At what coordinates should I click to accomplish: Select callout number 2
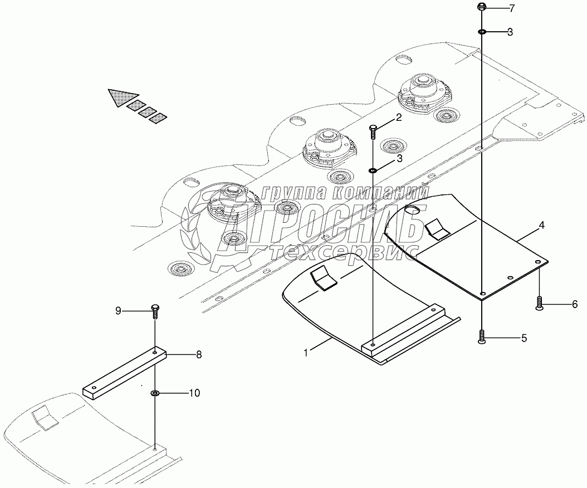(398, 117)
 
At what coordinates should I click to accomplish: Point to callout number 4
(541, 226)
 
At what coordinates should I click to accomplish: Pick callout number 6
(574, 304)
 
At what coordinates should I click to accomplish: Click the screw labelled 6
(539, 303)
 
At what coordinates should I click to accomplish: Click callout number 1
(306, 352)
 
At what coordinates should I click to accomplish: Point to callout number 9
(118, 311)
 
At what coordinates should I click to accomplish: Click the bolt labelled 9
(155, 311)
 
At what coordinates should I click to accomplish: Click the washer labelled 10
(155, 394)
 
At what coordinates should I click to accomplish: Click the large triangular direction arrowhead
(122, 98)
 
